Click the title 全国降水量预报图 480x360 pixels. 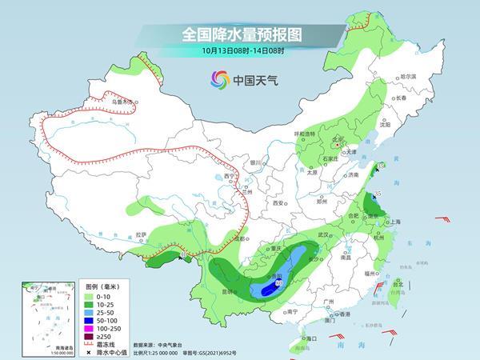click(239, 35)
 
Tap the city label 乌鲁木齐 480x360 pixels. click(121, 102)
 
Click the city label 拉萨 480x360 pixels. click(141, 235)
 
